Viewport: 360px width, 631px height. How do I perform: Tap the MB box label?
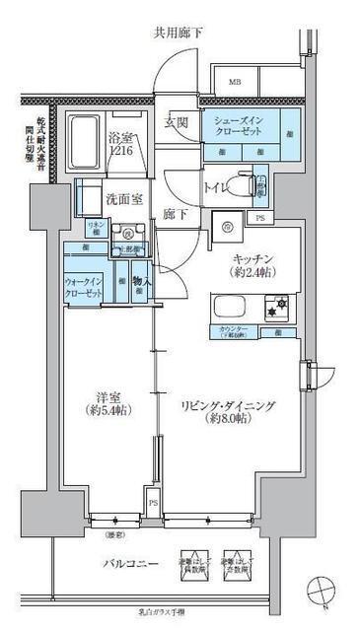236,84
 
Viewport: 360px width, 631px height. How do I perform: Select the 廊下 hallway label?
176,215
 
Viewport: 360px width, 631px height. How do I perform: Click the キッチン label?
253,258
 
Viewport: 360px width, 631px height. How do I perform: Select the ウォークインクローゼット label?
87,286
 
